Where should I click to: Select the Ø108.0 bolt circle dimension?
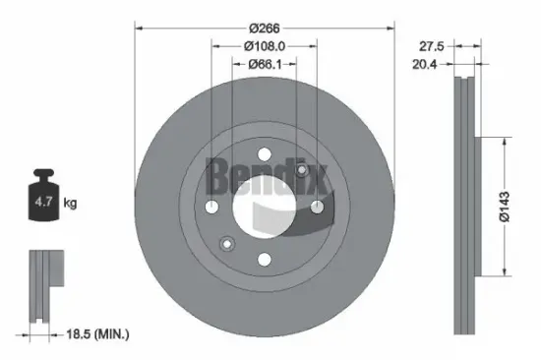(x=264, y=44)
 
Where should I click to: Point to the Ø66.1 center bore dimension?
(x=264, y=65)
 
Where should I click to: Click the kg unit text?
(x=70, y=204)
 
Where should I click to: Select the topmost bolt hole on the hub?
(x=264, y=153)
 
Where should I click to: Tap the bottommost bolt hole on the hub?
(x=264, y=260)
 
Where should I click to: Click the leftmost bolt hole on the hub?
(x=211, y=207)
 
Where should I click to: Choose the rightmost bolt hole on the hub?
(x=316, y=207)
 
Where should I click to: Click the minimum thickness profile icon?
(x=43, y=285)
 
